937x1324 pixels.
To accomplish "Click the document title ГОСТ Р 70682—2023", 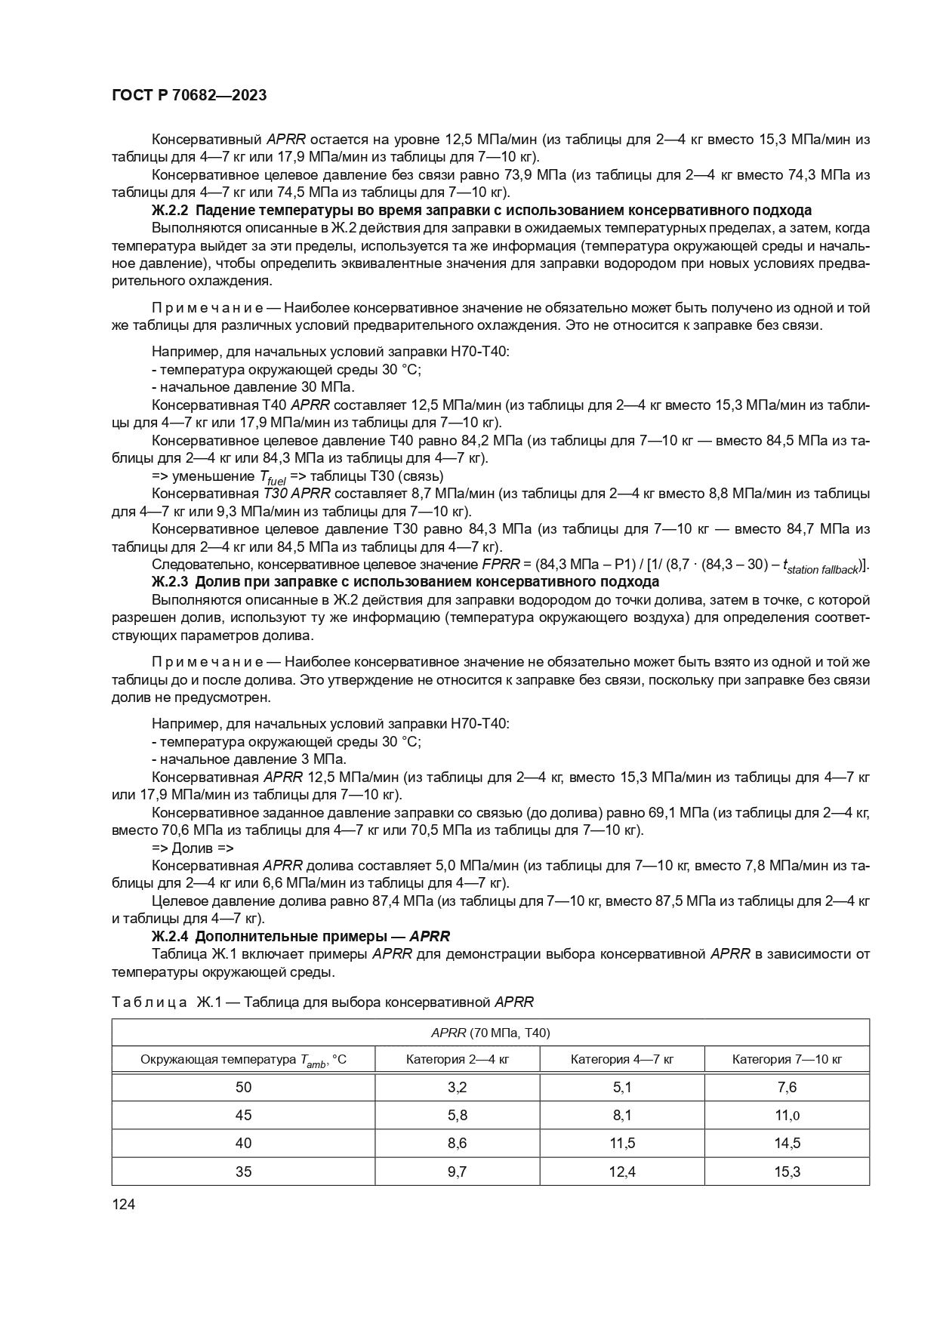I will [189, 96].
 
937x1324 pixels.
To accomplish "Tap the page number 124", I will [123, 1205].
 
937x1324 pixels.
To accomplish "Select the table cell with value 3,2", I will [457, 1087].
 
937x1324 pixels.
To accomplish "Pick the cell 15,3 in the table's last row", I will [787, 1172].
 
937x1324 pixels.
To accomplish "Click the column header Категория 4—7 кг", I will [622, 1059].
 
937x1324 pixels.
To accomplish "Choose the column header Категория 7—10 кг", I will [787, 1059].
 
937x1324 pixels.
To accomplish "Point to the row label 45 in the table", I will [243, 1115].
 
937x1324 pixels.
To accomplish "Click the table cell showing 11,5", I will [622, 1143].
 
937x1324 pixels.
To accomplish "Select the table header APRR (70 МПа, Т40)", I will [490, 1032].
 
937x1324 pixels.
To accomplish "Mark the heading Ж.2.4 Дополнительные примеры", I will [301, 936].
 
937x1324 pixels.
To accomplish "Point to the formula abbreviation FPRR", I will [497, 565].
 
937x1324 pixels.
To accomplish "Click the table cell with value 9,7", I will [457, 1172].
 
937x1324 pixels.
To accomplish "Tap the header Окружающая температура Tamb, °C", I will [243, 1060].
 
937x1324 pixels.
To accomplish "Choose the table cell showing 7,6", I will [787, 1087].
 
